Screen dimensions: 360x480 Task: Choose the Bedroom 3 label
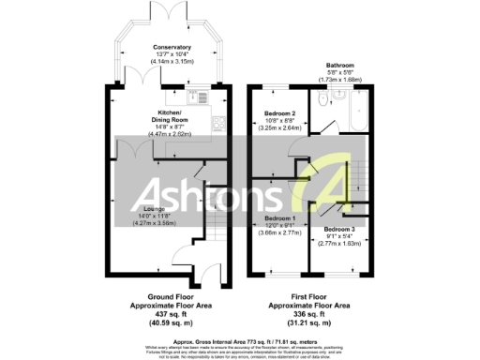point(338,229)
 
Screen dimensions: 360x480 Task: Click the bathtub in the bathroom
point(358,115)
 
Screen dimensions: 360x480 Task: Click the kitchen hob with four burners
point(217,122)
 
